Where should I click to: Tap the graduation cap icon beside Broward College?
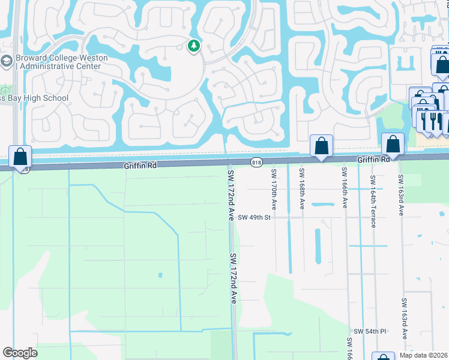click(x=6, y=61)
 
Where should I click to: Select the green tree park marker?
click(x=193, y=46)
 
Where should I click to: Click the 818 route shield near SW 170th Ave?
click(x=257, y=161)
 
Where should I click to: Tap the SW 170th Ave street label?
click(x=274, y=188)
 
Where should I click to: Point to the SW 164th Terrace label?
click(x=373, y=202)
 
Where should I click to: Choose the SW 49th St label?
click(x=255, y=217)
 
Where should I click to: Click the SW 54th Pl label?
click(x=369, y=331)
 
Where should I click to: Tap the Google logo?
click(x=20, y=353)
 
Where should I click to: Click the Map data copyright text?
click(x=423, y=355)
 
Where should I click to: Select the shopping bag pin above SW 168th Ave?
click(x=321, y=146)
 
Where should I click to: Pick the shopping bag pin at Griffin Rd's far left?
click(x=20, y=156)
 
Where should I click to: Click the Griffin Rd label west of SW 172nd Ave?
click(x=140, y=164)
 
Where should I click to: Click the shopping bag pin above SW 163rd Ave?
click(x=393, y=144)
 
